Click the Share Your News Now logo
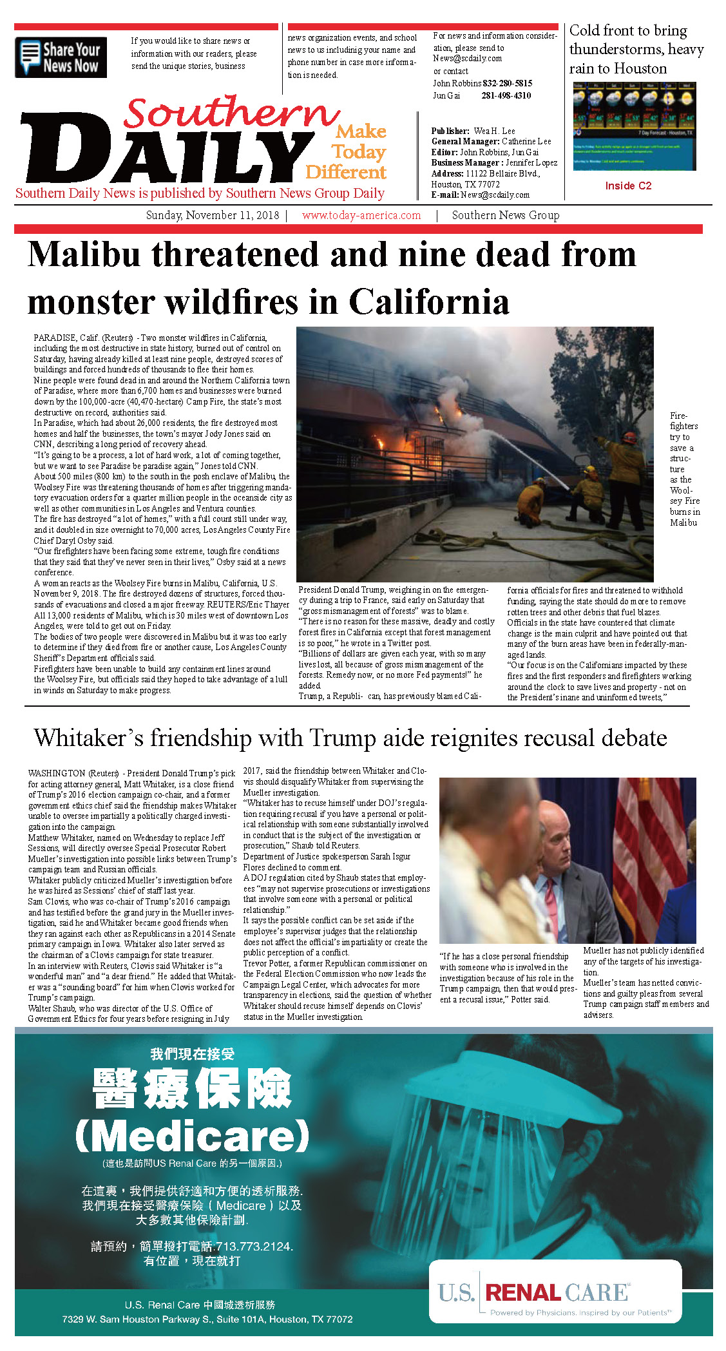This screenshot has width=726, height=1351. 61,57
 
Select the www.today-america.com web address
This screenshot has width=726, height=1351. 361,215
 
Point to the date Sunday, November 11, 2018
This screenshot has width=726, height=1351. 213,215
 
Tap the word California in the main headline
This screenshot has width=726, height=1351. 429,302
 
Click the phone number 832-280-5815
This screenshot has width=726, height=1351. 507,83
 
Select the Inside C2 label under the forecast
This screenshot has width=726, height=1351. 628,186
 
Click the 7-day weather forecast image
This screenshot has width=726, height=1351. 634,126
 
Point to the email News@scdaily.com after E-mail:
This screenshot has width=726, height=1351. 495,195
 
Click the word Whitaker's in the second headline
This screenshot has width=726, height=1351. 89,738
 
